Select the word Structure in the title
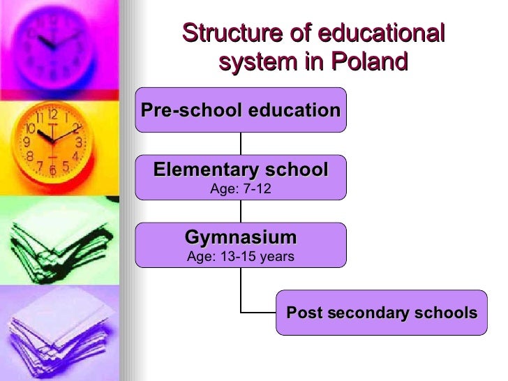click(230, 33)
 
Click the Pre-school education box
click(241, 110)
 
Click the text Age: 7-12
click(241, 189)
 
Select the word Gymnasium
click(241, 237)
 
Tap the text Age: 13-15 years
click(241, 257)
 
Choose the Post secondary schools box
click(382, 313)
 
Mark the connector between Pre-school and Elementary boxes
click(241, 144)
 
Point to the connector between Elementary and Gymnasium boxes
click(241, 211)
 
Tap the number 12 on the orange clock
click(52, 115)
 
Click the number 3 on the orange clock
click(80, 142)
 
